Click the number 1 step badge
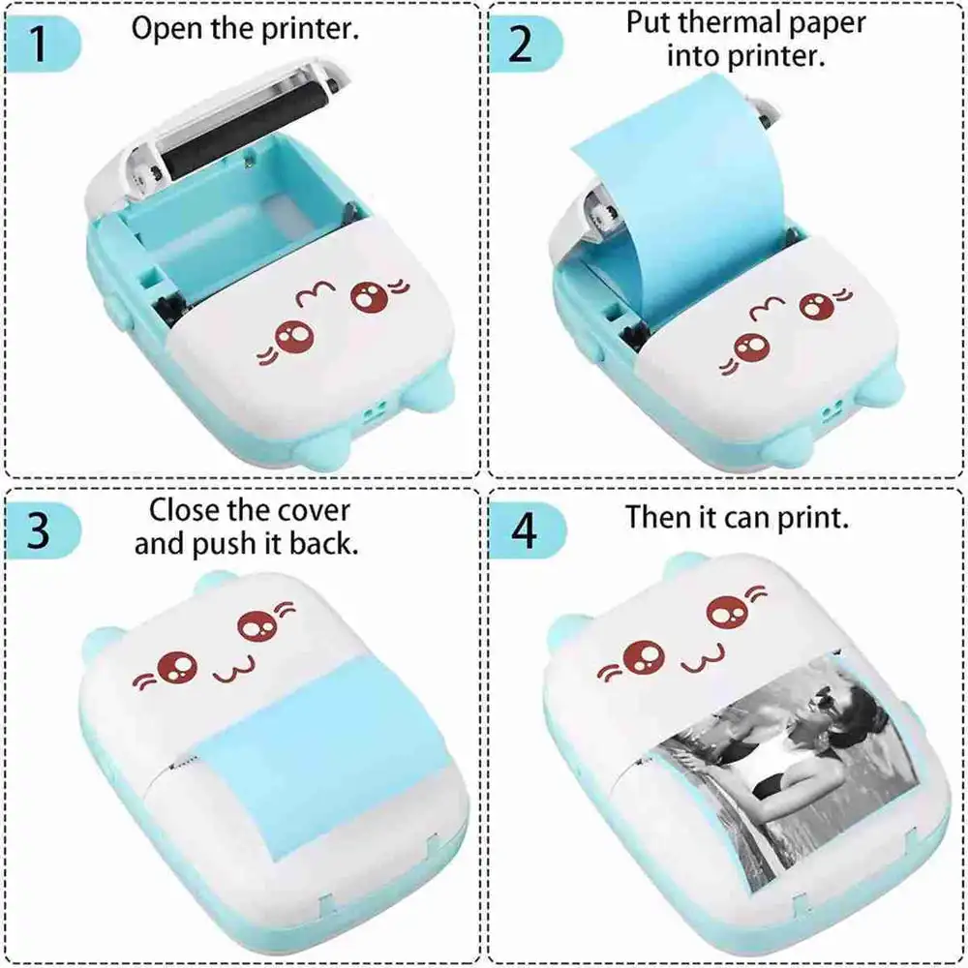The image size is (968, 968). click(40, 45)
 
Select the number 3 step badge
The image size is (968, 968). click(40, 531)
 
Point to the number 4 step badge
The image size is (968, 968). click(523, 531)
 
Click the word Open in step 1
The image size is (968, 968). click(166, 28)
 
